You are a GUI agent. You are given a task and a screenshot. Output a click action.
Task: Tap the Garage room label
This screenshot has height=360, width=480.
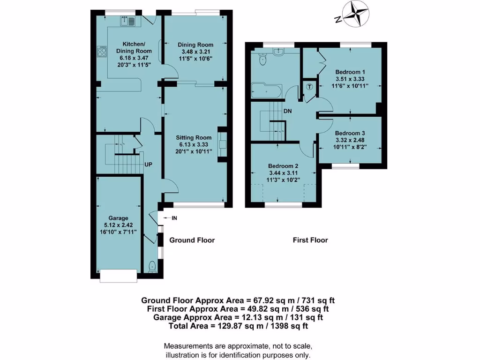click(118, 218)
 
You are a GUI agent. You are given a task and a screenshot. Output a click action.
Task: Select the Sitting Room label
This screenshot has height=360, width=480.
click(194, 137)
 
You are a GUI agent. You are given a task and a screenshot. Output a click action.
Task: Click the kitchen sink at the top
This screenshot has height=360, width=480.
click(128, 21)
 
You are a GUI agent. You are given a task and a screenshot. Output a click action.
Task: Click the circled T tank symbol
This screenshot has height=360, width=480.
click(309, 86)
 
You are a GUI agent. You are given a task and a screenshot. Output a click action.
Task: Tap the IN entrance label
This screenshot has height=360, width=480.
click(174, 218)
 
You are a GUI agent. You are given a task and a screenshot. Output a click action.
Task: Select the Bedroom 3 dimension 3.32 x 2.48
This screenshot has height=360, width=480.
click(350, 140)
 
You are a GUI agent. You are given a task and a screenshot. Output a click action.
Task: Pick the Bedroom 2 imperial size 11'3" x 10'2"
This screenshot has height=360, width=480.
click(283, 180)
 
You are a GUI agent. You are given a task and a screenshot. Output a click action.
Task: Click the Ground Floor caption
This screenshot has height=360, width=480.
click(192, 240)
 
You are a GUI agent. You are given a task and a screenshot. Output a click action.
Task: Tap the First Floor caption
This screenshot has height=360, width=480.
click(310, 240)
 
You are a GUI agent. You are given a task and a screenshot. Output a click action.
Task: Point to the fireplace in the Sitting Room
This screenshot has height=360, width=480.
click(222, 145)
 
